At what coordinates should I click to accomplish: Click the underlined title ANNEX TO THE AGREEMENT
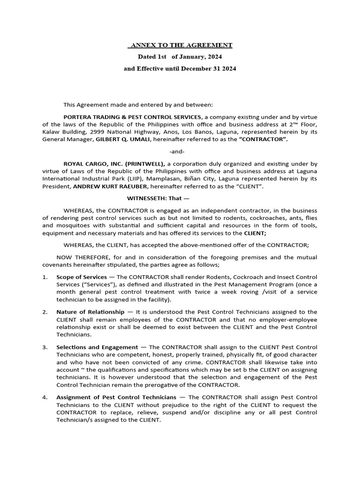point(180,45)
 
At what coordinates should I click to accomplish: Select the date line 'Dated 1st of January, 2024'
point(180,57)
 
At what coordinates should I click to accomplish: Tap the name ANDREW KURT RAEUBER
point(107,187)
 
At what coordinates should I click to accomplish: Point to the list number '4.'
point(45,397)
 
